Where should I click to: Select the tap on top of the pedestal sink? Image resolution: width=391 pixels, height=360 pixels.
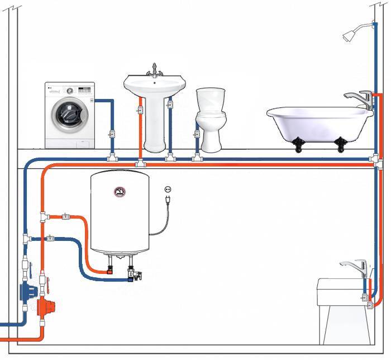[x=154, y=70]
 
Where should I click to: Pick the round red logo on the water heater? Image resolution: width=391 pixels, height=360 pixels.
[x=119, y=193]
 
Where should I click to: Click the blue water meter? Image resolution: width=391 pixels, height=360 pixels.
[x=27, y=291]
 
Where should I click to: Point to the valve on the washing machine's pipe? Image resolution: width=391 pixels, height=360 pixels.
[x=112, y=135]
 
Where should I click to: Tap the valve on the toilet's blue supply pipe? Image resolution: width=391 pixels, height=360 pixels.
[x=196, y=135]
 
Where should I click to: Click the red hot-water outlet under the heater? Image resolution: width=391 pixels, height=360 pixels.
[x=110, y=270]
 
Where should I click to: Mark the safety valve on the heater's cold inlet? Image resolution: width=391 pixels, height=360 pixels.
[x=133, y=274]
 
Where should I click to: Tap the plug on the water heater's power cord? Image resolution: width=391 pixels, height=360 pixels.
[x=167, y=198]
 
